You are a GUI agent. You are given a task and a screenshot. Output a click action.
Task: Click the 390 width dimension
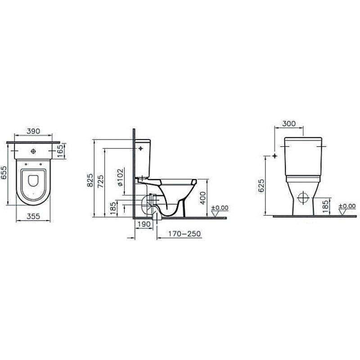tap(33, 131)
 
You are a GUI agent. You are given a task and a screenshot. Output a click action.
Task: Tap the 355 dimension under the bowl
tap(33, 216)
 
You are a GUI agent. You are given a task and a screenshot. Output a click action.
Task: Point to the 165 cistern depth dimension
tap(60, 151)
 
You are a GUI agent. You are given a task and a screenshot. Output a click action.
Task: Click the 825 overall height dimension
tap(90, 180)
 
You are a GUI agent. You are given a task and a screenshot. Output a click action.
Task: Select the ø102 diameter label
tap(120, 177)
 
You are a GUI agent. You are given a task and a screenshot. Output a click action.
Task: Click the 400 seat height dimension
tap(203, 198)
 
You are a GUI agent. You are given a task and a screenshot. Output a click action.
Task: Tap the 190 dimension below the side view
tap(144, 224)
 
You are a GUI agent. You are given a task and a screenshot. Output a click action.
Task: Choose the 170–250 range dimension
tap(184, 234)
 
